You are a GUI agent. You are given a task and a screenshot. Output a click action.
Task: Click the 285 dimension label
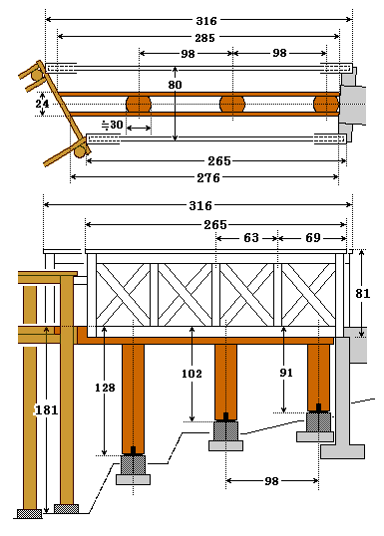[205, 38]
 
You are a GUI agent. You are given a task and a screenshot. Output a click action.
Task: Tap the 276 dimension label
[208, 178]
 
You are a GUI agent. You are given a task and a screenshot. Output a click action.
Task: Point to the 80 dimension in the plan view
[175, 85]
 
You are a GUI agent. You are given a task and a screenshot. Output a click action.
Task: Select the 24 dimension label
[43, 104]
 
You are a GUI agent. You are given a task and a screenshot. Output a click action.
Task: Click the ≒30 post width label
[113, 125]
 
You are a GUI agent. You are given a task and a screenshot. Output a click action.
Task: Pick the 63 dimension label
[251, 238]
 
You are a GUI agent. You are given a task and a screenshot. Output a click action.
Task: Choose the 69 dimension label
[313, 238]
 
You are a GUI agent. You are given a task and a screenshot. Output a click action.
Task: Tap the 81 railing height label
[362, 293]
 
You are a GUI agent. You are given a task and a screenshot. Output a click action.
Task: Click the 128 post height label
[105, 388]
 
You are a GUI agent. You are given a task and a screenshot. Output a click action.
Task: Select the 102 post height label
[192, 374]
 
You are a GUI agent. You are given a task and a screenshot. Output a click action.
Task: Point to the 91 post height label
[286, 373]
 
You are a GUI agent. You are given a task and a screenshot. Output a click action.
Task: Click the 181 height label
[47, 409]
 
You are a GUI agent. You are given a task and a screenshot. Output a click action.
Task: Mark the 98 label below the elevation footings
[271, 481]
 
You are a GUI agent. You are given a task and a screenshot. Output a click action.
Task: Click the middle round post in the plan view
[232, 104]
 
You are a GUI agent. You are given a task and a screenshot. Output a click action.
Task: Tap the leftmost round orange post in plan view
[139, 104]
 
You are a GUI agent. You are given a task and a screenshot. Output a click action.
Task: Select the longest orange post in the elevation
[133, 399]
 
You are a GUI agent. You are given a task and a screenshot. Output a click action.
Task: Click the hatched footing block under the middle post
[225, 430]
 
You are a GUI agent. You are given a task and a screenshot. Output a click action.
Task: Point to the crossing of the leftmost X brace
[124, 295]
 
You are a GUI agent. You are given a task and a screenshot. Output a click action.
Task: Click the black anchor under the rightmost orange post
[318, 408]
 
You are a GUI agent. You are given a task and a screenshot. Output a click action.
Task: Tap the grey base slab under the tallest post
[133, 479]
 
